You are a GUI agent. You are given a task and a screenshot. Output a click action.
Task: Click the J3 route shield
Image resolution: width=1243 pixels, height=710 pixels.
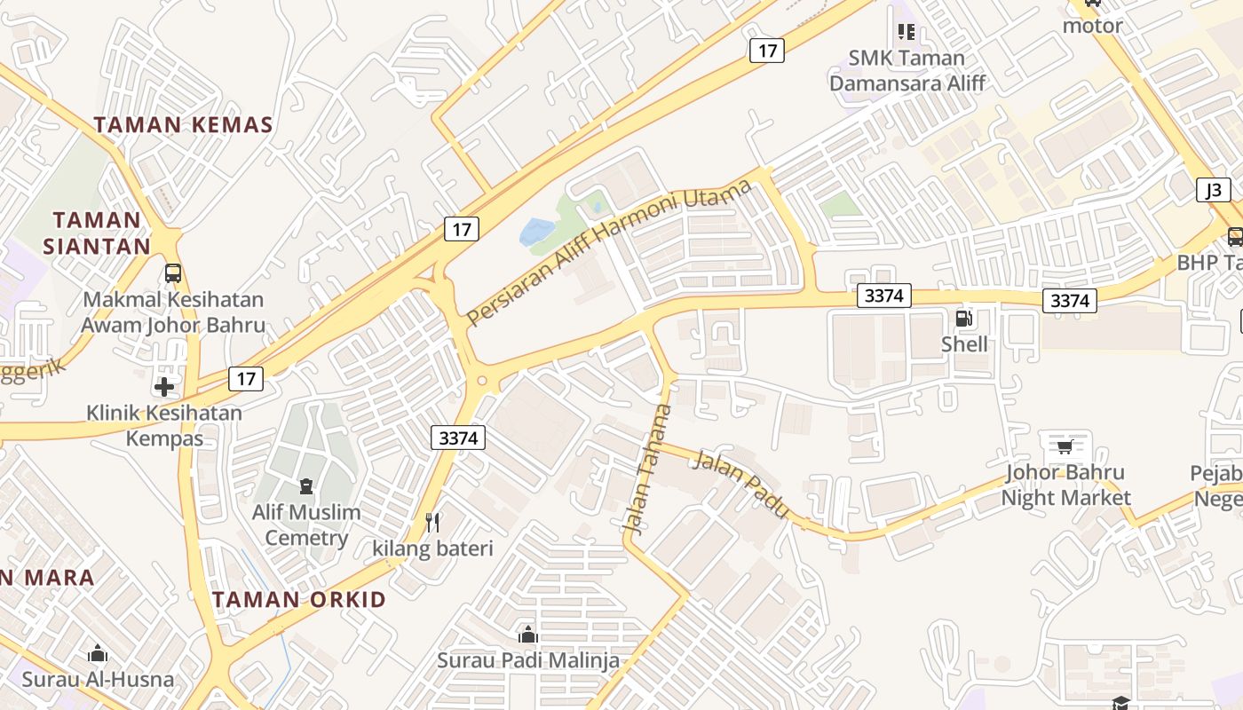pyautogui.click(x=1214, y=189)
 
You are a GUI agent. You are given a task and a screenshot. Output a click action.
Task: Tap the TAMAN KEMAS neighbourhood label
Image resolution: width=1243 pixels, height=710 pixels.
pyautogui.click(x=184, y=125)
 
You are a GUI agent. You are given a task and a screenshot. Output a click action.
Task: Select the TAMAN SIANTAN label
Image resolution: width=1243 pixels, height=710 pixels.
pyautogui.click(x=97, y=233)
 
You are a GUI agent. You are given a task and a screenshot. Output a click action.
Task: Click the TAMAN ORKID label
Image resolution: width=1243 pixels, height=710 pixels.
pyautogui.click(x=299, y=599)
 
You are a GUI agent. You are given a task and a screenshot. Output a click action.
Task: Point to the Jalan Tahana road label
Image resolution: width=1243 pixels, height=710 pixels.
pyautogui.click(x=648, y=469)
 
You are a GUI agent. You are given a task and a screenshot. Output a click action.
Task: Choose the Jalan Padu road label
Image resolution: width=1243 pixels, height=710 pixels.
pyautogui.click(x=740, y=485)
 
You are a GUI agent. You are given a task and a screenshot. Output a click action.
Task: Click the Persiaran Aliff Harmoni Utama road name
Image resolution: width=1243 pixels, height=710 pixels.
pyautogui.click(x=609, y=251)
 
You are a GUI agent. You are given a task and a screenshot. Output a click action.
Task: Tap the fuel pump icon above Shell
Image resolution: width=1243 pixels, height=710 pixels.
pyautogui.click(x=963, y=319)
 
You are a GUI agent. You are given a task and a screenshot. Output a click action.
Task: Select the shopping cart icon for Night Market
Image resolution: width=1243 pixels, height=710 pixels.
pyautogui.click(x=1065, y=446)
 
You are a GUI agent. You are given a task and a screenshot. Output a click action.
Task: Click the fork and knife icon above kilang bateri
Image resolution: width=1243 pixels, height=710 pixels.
pyautogui.click(x=432, y=522)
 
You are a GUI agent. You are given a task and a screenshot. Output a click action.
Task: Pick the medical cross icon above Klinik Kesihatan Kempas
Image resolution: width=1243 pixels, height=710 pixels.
pyautogui.click(x=163, y=386)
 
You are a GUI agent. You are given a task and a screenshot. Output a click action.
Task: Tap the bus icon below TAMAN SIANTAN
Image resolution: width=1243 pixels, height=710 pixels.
pyautogui.click(x=173, y=273)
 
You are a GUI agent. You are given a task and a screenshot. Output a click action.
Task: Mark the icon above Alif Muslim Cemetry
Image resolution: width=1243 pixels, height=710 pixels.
pyautogui.click(x=306, y=486)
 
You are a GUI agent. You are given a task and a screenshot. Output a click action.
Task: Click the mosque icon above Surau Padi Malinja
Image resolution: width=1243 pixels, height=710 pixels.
pyautogui.click(x=528, y=635)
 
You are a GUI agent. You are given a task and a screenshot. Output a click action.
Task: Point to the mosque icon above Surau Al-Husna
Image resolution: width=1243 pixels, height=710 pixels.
pyautogui.click(x=98, y=654)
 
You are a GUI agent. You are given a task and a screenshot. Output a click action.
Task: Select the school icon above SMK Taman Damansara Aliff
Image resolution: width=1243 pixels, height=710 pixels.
pyautogui.click(x=906, y=32)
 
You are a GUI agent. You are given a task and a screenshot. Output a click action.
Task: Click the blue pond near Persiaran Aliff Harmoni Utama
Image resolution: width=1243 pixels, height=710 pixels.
pyautogui.click(x=536, y=233)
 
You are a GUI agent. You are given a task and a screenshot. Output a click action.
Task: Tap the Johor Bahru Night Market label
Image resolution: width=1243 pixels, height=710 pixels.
pyautogui.click(x=1065, y=485)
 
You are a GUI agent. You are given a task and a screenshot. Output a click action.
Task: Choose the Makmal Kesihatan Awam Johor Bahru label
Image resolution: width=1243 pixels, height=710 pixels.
pyautogui.click(x=173, y=312)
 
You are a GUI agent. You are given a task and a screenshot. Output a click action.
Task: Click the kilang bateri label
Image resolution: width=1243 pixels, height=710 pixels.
pyautogui.click(x=432, y=548)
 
